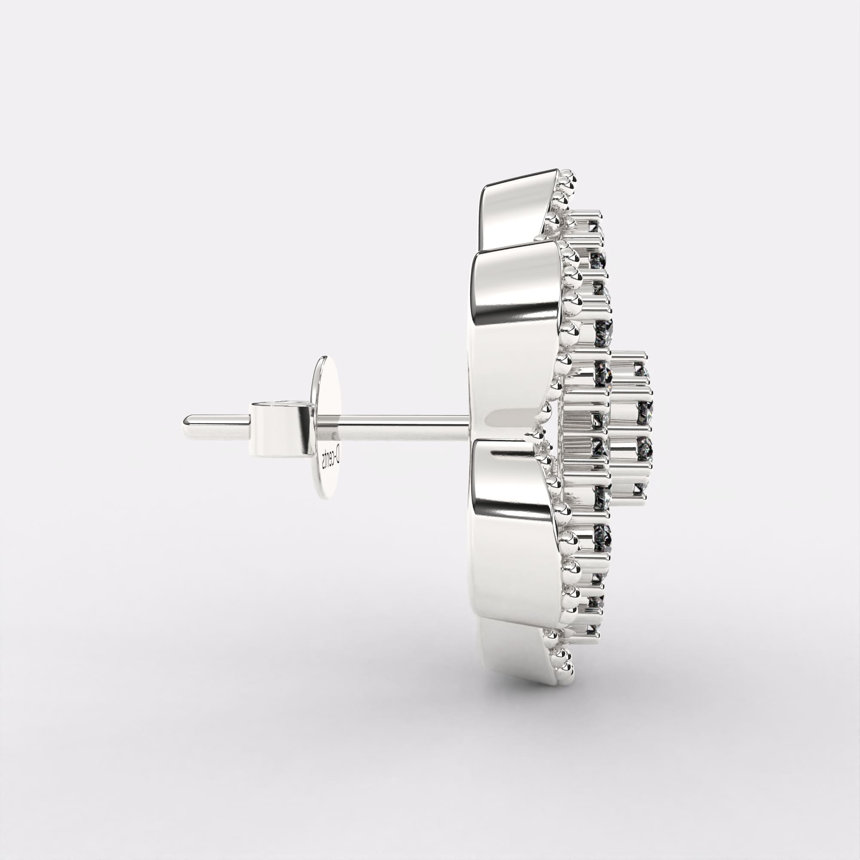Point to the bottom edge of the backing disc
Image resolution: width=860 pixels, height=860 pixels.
327,497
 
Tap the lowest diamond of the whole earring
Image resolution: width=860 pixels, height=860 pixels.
592,629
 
